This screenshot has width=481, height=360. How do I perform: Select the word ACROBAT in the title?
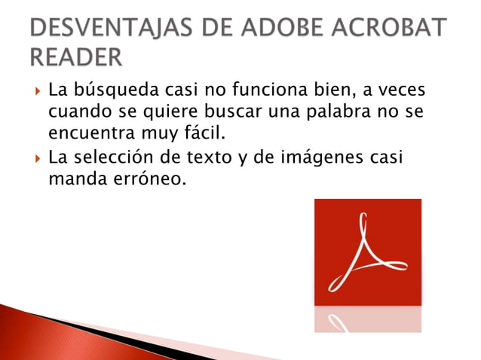coord(392,29)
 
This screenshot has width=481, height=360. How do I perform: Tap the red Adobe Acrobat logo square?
coord(367,252)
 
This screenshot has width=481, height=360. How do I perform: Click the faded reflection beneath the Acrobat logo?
coord(367,319)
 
